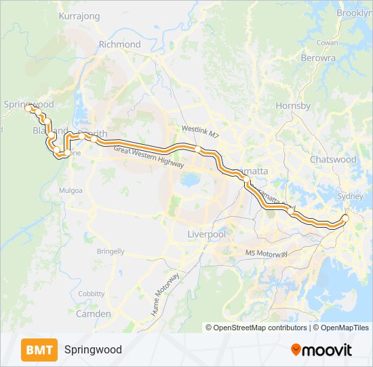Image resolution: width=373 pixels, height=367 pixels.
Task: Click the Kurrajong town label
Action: tap(79, 16)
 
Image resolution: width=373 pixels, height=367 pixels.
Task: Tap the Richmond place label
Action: tap(119, 44)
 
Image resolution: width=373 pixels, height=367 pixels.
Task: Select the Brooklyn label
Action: tap(355, 13)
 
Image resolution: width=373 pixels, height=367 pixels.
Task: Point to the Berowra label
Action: tap(319, 58)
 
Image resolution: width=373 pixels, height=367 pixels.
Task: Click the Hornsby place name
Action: tap(293, 106)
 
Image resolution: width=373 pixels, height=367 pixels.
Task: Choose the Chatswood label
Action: tap(332, 159)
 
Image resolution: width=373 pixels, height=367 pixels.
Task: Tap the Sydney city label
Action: tap(351, 196)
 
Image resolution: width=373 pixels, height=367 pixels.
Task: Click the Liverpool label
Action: tap(205, 234)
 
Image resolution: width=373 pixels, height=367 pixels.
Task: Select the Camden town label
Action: tap(94, 314)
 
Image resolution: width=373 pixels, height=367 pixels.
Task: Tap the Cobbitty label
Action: tap(91, 293)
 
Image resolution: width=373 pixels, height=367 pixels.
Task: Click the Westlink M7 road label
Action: tap(201, 128)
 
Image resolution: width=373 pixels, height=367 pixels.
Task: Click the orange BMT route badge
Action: tap(39, 349)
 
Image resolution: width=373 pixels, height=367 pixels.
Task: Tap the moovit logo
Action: tap(321, 349)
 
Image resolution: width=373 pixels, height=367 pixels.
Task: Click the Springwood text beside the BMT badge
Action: tap(93, 349)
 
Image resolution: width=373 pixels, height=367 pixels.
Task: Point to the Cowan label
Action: tap(327, 42)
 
